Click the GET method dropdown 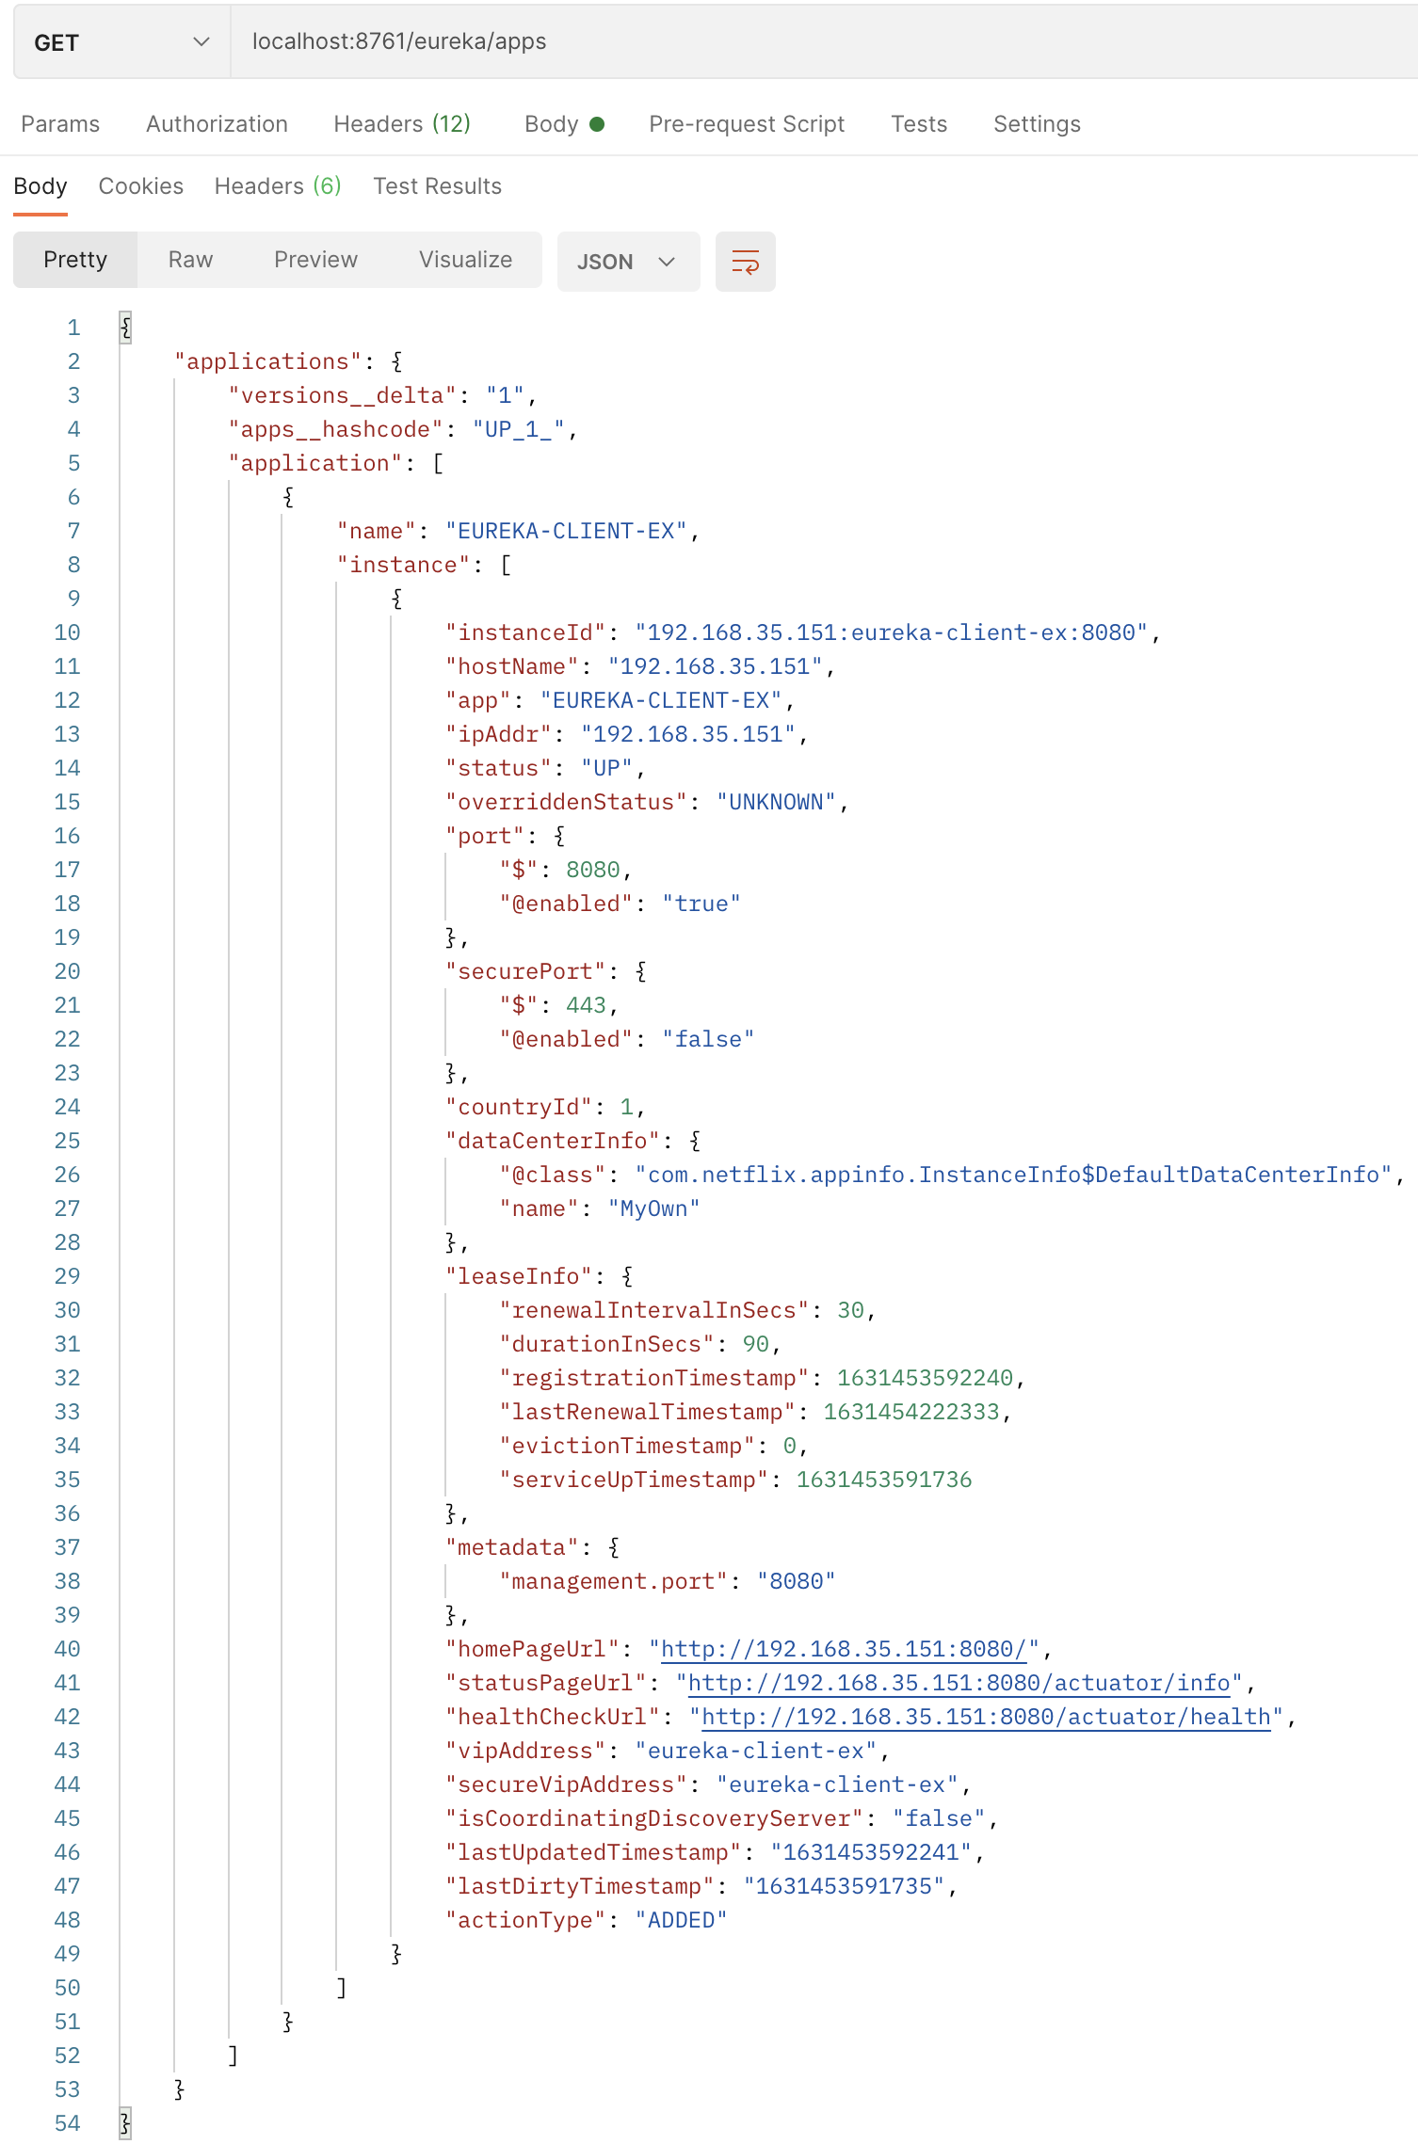(x=121, y=42)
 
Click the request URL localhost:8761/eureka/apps (x=399, y=41)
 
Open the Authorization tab (x=217, y=124)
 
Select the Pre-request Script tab (x=746, y=124)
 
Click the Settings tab (x=1037, y=124)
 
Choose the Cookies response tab (x=141, y=186)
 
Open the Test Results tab (x=437, y=186)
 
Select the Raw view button (x=190, y=260)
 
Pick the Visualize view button (x=465, y=260)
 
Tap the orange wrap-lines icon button (x=745, y=262)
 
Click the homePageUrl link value (x=844, y=1649)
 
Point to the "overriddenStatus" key (x=566, y=802)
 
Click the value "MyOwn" (x=654, y=1208)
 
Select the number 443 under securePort (x=586, y=1005)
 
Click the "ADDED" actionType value (x=681, y=1920)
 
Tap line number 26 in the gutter (x=67, y=1175)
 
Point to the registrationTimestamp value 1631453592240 (x=925, y=1378)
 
